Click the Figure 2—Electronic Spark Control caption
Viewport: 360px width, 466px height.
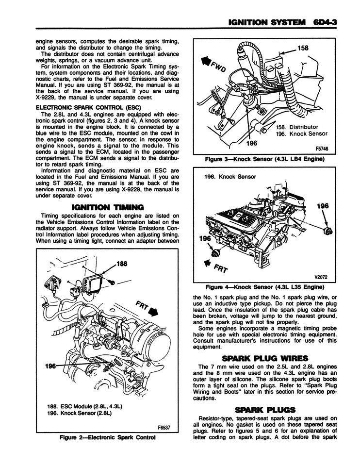coord(107,437)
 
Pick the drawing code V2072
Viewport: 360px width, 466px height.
coord(321,278)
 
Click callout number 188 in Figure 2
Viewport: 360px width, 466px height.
coord(121,264)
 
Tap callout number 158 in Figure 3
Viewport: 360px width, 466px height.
coord(316,49)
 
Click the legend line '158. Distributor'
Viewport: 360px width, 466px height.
coord(297,127)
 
